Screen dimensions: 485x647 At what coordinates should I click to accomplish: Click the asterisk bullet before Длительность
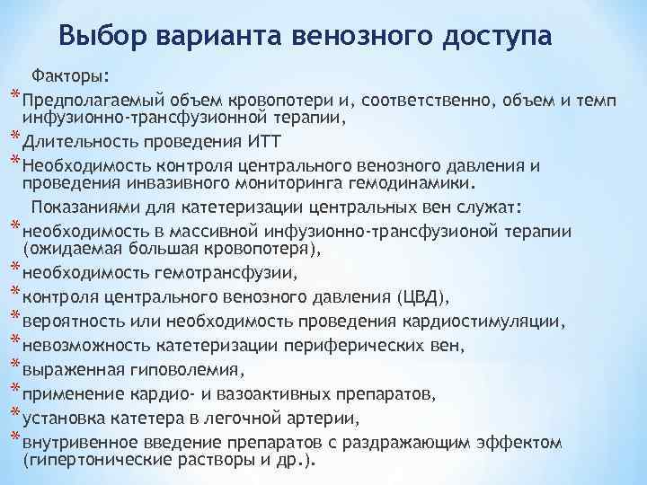tap(14, 136)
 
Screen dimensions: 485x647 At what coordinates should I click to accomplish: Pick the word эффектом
tap(530, 443)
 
